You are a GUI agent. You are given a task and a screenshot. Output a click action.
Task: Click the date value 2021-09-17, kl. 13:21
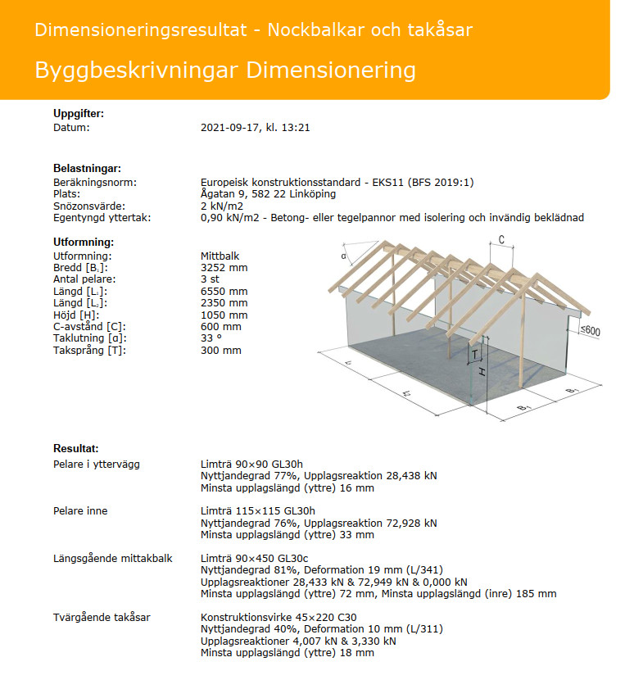point(255,128)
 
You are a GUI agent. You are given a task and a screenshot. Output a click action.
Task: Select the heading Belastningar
point(87,168)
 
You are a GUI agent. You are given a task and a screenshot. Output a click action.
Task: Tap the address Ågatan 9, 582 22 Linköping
point(268,194)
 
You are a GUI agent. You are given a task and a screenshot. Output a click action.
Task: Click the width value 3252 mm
point(224,268)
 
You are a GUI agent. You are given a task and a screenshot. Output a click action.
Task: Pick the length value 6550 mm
point(224,292)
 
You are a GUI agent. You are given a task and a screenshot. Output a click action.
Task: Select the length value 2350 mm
point(224,303)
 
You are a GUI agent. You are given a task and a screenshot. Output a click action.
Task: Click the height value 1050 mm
point(224,315)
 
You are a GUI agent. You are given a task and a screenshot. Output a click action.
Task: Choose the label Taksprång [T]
point(90,350)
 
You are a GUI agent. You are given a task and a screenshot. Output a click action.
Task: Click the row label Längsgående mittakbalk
point(112,559)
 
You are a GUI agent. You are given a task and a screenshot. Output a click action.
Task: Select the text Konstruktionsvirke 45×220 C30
point(279,618)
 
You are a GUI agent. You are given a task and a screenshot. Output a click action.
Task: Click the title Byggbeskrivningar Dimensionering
point(225,70)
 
